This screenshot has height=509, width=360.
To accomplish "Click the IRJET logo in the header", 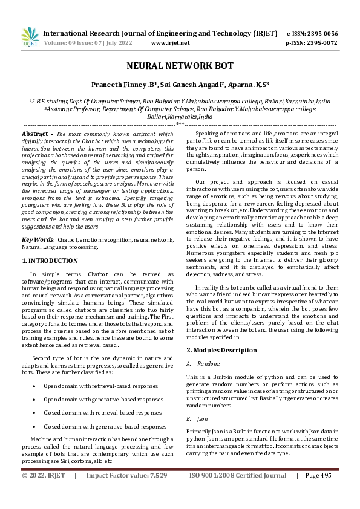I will point(30,37).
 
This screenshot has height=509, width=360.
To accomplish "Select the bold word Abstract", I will point(35,133).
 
